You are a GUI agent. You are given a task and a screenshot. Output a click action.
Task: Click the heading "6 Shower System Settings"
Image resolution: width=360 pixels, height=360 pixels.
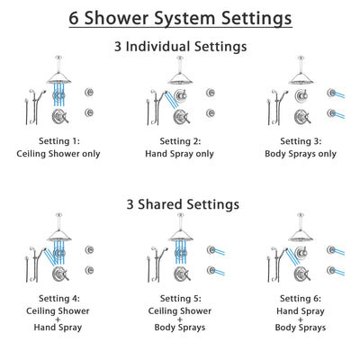pos(180,18)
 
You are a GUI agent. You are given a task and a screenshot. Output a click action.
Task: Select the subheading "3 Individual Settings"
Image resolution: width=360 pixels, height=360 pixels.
pos(180,46)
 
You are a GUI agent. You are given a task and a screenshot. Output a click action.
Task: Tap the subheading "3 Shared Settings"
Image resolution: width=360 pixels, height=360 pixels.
pos(180,204)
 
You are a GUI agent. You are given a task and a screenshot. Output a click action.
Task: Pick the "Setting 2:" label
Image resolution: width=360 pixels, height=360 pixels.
pos(180,141)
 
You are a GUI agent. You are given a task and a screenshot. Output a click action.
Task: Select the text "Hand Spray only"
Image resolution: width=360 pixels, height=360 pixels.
pos(180,154)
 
